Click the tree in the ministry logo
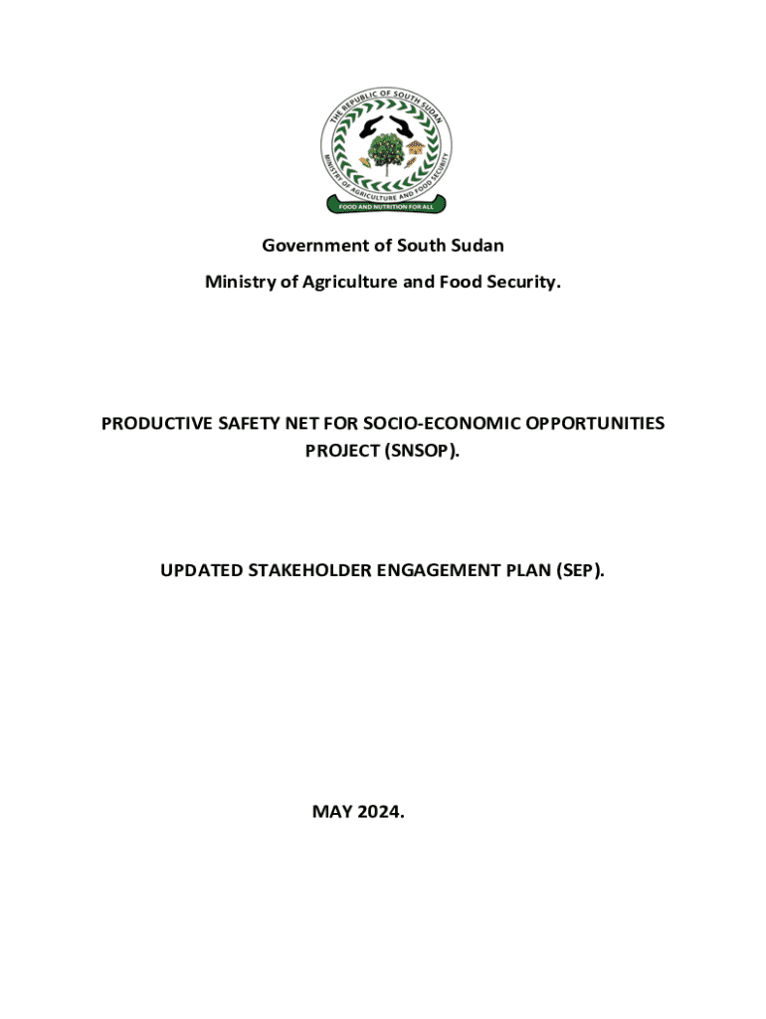(383, 150)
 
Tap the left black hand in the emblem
(364, 126)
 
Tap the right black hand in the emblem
(403, 126)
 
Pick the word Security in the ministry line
(525, 283)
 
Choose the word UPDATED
(201, 571)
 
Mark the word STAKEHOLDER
(309, 571)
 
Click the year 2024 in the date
(382, 812)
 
